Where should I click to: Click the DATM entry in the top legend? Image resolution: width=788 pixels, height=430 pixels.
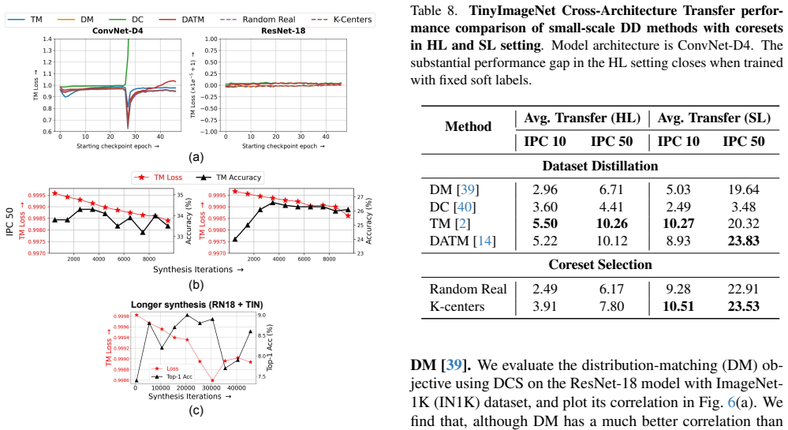(181, 20)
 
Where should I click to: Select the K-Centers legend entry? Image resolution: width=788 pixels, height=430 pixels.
(342, 20)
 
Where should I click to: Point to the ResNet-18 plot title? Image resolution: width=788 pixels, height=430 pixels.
(283, 32)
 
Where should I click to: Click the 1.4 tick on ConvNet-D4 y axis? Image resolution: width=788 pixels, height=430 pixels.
(48, 39)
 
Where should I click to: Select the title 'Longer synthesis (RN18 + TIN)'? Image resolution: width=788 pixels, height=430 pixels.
(197, 305)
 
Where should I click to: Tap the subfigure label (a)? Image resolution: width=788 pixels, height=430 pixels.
(196, 158)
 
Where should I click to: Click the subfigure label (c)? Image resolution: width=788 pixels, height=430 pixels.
(196, 411)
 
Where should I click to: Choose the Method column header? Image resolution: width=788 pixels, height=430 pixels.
(468, 126)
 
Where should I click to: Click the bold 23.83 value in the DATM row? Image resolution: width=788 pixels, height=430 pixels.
(743, 241)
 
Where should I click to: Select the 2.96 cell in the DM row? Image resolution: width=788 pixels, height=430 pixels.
(545, 189)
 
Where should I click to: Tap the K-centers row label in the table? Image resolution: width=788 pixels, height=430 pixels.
(457, 306)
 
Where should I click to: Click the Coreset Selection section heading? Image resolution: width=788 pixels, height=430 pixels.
(600, 264)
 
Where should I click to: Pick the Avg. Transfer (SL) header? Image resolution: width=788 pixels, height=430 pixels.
(714, 118)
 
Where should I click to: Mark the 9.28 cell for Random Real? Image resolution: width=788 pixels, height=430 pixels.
(678, 290)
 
